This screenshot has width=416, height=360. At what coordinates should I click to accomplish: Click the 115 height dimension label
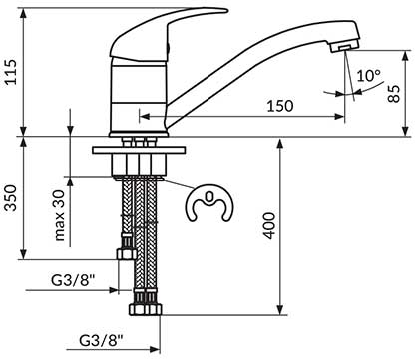pos(11,72)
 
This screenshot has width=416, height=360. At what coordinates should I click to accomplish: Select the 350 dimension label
pos(11,198)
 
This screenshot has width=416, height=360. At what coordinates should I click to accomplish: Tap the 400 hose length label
pos(269,226)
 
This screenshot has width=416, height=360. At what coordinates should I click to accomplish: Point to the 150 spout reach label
pos(280,106)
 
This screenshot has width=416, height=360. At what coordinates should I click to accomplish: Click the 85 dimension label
pos(394,94)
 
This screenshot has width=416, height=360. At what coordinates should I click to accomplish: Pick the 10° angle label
pos(369,76)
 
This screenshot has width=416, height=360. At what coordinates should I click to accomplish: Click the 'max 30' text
pos(60,215)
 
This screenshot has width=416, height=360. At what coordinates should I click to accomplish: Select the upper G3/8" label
pos(73,280)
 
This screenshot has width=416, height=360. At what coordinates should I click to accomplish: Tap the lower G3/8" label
pos(102,341)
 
